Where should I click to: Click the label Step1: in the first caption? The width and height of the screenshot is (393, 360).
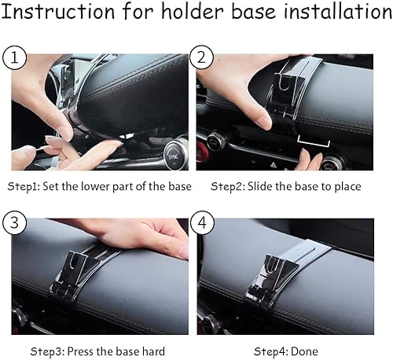(24, 186)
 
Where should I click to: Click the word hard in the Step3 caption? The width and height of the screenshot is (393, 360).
(152, 351)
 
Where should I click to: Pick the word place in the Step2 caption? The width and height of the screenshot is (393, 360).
(345, 186)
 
